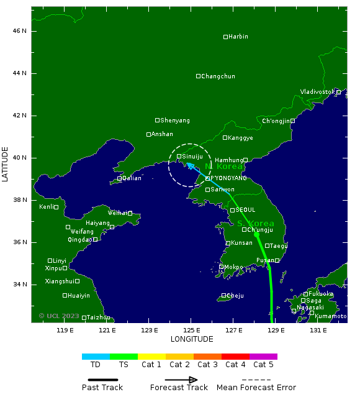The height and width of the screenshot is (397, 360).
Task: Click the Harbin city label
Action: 238,37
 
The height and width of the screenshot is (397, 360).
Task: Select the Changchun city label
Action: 218,76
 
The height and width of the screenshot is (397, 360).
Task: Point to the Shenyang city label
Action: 176,121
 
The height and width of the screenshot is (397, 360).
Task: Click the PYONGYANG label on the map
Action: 228,178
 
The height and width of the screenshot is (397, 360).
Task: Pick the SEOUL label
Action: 245,210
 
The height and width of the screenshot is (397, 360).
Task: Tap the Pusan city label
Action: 265,260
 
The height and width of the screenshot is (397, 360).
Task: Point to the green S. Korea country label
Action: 256,224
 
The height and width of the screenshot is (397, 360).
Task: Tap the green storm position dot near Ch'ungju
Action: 256,234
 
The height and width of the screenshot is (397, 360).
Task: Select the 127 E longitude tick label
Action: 233,330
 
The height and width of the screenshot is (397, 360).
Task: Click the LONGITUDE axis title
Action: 192,339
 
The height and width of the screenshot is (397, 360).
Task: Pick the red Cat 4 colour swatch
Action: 235,357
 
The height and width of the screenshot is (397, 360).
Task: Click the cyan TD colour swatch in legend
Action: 96,357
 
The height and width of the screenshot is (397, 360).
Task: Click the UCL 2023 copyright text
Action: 60,316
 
